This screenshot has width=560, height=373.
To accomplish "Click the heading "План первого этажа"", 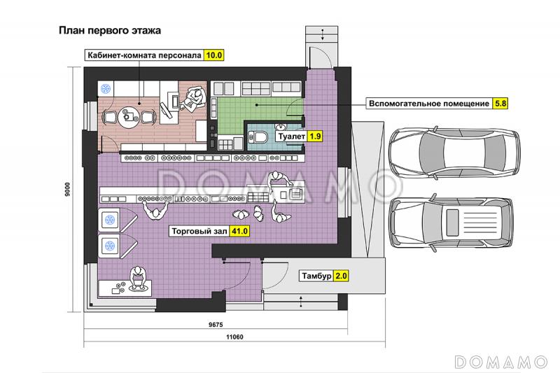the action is tap(110, 30).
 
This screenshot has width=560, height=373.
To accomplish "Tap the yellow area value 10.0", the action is tap(213, 55).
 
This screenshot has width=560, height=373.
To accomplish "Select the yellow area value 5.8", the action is tap(500, 104).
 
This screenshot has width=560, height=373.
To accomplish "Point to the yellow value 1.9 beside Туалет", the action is tap(315, 136).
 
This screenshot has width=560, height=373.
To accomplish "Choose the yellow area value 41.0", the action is tap(239, 231).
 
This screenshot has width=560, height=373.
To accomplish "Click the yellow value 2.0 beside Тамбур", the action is tap(341, 276).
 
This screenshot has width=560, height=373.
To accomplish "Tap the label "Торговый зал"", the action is tap(199, 231).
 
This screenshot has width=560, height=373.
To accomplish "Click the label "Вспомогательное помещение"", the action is tap(429, 104).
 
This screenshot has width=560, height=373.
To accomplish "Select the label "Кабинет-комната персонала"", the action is tap(145, 55).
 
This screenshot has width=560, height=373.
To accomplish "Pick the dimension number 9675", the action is tap(216, 325).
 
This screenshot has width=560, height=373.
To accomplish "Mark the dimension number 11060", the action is tap(234, 337).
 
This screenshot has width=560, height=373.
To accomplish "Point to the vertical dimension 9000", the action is tap(67, 189).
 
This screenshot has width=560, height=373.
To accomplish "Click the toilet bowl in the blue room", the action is tap(258, 136).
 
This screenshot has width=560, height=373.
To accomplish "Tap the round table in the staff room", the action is tap(129, 116).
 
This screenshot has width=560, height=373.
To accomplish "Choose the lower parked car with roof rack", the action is tap(451, 222).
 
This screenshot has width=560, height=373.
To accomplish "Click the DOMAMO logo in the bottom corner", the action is tap(501, 362).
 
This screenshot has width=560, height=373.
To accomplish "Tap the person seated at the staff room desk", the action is tap(194, 99).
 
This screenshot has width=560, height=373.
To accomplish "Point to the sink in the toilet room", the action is tap(281, 127).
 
